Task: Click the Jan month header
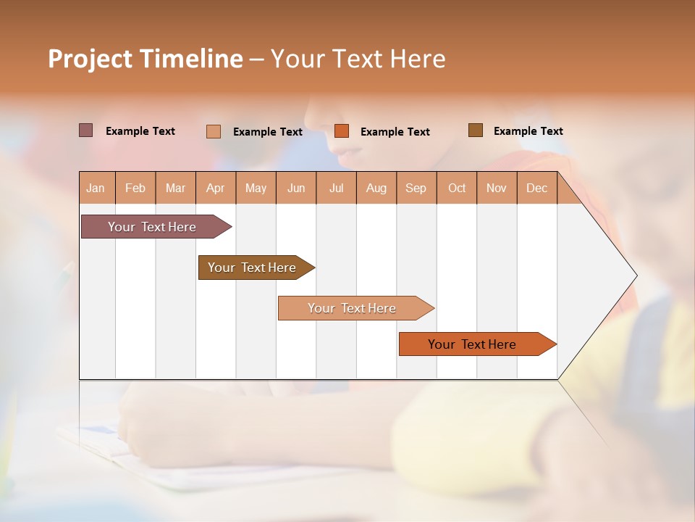(x=96, y=188)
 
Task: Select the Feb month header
(x=135, y=188)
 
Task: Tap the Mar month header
(x=175, y=188)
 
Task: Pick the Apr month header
(x=216, y=188)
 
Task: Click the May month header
(x=256, y=188)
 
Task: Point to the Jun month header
(x=296, y=188)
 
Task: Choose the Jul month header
(x=336, y=188)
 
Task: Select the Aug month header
(x=376, y=188)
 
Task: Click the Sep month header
(x=416, y=188)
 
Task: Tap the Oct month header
(x=457, y=188)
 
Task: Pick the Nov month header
(x=497, y=188)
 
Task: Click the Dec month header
(x=537, y=188)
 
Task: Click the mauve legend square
(x=85, y=130)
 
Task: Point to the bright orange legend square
(x=342, y=130)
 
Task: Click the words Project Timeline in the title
(x=146, y=59)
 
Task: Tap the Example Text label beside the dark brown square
(x=528, y=131)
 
